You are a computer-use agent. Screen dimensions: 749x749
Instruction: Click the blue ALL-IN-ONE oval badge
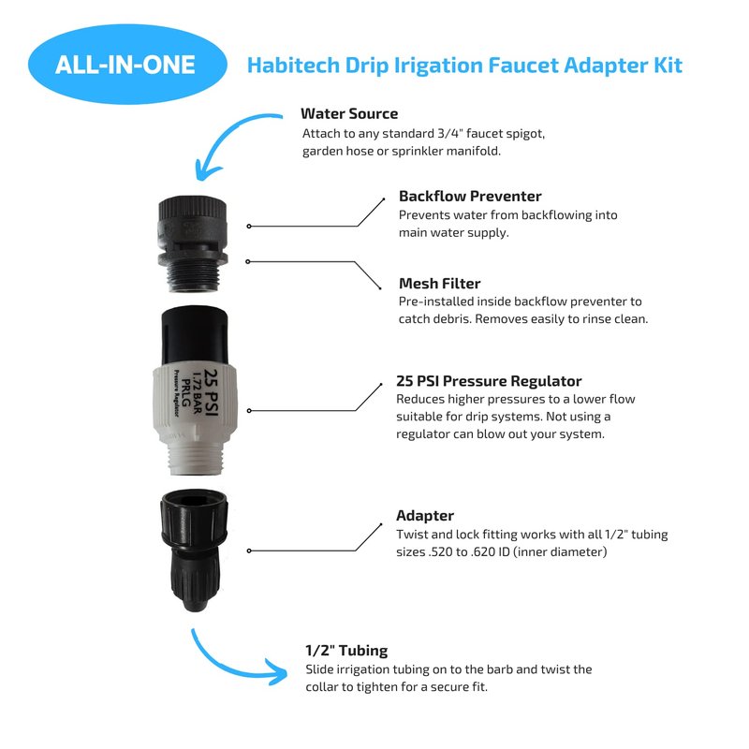127,65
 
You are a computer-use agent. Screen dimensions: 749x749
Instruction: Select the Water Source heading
349,113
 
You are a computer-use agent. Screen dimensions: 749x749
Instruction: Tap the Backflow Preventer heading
470,196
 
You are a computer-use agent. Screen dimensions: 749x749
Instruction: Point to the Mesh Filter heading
439,284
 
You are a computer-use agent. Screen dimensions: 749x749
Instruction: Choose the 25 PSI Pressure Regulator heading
489,381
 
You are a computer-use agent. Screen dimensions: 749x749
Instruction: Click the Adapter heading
425,516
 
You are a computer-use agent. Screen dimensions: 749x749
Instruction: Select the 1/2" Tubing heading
346,650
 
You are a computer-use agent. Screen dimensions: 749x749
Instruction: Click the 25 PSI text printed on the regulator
211,392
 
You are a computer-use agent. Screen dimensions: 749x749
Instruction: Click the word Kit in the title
668,65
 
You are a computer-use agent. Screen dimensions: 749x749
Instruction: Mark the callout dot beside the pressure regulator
249,411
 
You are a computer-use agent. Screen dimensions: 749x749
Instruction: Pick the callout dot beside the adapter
249,551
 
